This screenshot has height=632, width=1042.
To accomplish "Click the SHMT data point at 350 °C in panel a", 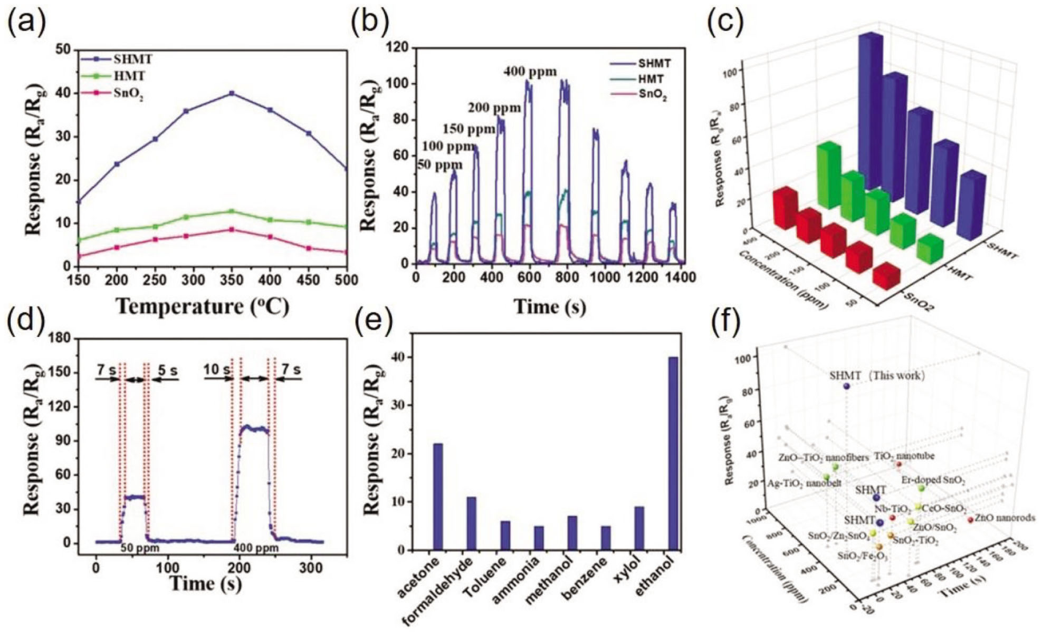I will coord(231,93).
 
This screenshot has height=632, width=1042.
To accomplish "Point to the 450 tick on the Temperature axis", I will coord(308,279).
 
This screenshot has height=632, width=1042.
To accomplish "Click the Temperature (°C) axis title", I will coord(203,306).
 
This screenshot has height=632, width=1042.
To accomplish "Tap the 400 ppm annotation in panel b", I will coord(530,71).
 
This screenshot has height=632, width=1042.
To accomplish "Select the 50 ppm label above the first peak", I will coord(439,165).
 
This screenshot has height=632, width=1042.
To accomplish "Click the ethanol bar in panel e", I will coord(673,453).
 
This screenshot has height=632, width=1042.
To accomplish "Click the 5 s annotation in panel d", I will coord(168,370).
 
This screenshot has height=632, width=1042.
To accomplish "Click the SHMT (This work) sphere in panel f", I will coord(847,386).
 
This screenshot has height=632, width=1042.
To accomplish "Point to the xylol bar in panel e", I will coord(639,528).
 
